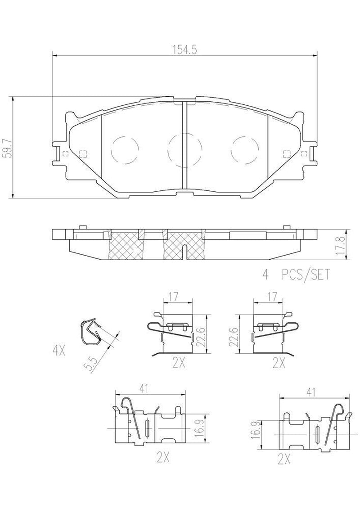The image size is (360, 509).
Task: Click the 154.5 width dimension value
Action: click(x=184, y=50)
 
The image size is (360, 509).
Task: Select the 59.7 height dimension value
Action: click(x=7, y=147)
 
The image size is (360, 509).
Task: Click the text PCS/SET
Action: click(x=306, y=275)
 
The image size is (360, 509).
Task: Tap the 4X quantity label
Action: click(x=59, y=351)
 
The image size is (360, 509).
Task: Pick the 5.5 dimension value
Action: click(x=90, y=364)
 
